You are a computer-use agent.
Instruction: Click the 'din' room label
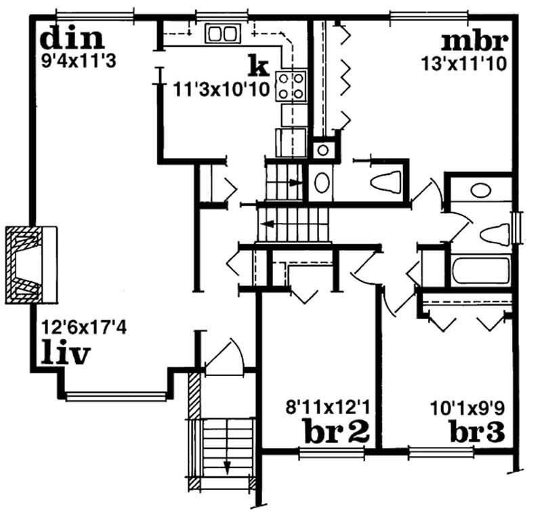pyautogui.click(x=72, y=37)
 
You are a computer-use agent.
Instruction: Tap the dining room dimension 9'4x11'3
pyautogui.click(x=79, y=62)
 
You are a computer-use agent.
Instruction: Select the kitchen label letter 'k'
pyautogui.click(x=259, y=66)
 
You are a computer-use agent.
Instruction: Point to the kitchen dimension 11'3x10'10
pyautogui.click(x=221, y=90)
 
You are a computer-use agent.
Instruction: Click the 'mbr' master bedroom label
pyautogui.click(x=475, y=42)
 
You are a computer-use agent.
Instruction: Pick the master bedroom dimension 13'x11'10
pyautogui.click(x=464, y=64)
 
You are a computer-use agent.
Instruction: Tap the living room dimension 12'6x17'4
pyautogui.click(x=84, y=327)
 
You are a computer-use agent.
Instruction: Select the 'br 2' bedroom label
pyautogui.click(x=336, y=431)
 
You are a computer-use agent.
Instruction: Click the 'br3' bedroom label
pyautogui.click(x=477, y=431)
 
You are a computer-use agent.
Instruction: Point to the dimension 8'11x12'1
pyautogui.click(x=328, y=407)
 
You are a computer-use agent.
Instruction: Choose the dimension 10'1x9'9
pyautogui.click(x=467, y=408)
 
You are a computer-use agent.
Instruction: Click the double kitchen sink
pyautogui.click(x=223, y=33)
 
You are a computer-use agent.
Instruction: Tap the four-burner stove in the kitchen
pyautogui.click(x=291, y=85)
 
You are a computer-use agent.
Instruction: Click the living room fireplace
pyautogui.click(x=31, y=265)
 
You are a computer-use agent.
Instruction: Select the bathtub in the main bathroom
pyautogui.click(x=481, y=270)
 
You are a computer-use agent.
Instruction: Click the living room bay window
pyautogui.click(x=116, y=396)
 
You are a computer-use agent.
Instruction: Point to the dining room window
pyautogui.click(x=95, y=16)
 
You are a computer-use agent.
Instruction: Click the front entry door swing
pyautogui.click(x=225, y=355)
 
